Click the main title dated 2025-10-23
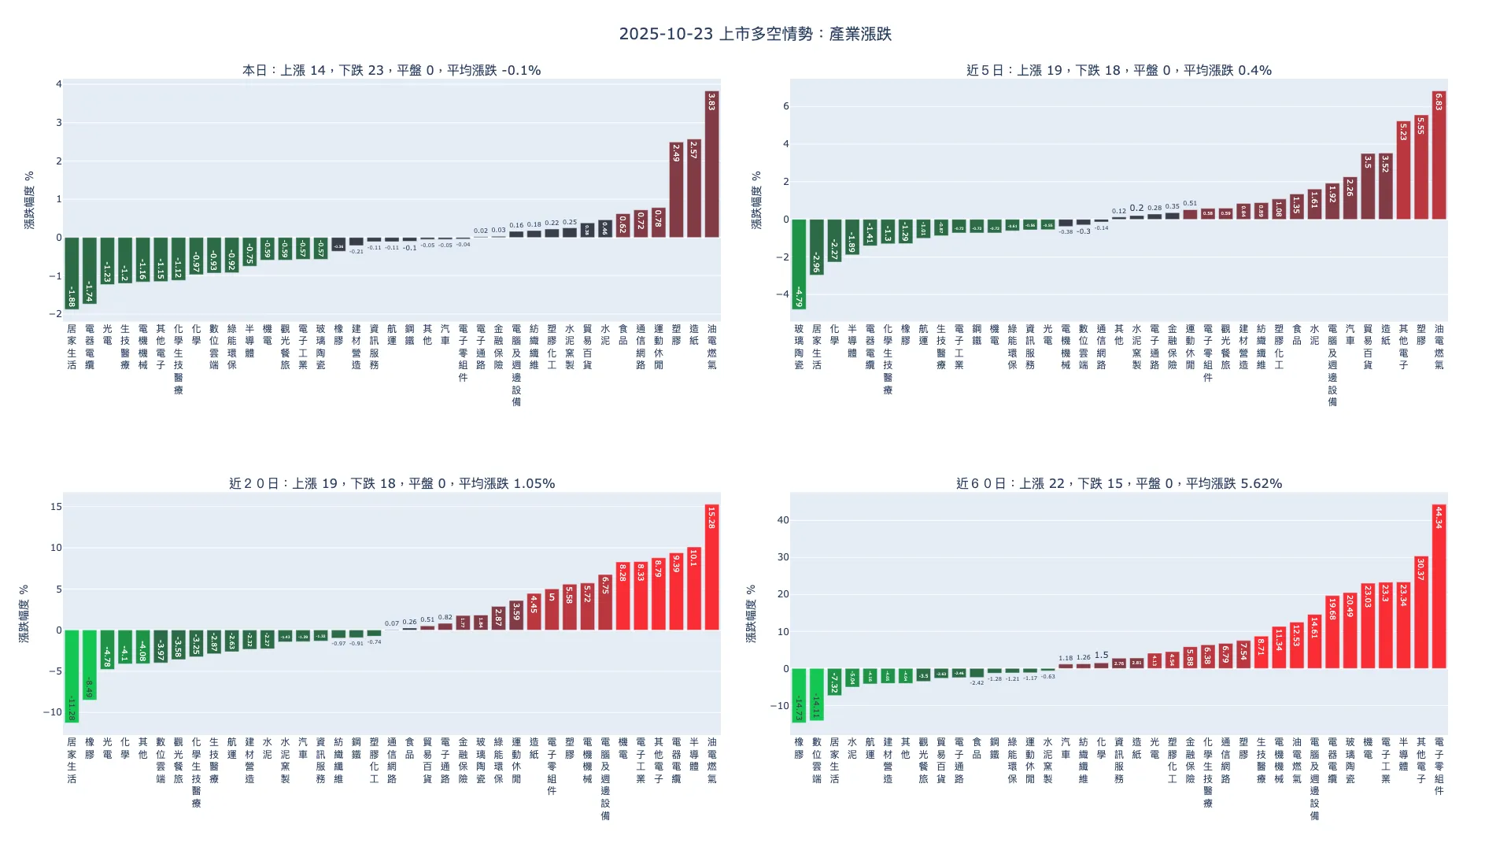[x=755, y=34]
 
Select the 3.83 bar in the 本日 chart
[x=711, y=164]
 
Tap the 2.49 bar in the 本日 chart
[x=676, y=190]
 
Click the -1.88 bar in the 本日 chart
[x=72, y=273]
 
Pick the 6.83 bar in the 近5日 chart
[x=1439, y=155]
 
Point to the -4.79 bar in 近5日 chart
[x=799, y=264]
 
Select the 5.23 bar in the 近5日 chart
[x=1403, y=170]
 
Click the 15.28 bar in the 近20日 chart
[x=711, y=567]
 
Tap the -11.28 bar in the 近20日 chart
[x=72, y=676]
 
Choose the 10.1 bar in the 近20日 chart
[x=693, y=589]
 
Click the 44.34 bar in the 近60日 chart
[x=1439, y=586]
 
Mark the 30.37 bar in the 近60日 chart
[x=1420, y=612]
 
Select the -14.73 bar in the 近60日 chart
[x=799, y=696]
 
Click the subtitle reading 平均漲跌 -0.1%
[x=391, y=70]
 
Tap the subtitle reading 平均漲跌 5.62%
[x=1118, y=483]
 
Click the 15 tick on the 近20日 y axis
[x=56, y=507]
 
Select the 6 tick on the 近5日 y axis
[x=785, y=106]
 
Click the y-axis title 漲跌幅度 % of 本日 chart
[x=29, y=200]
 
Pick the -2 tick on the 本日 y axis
[x=55, y=314]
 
